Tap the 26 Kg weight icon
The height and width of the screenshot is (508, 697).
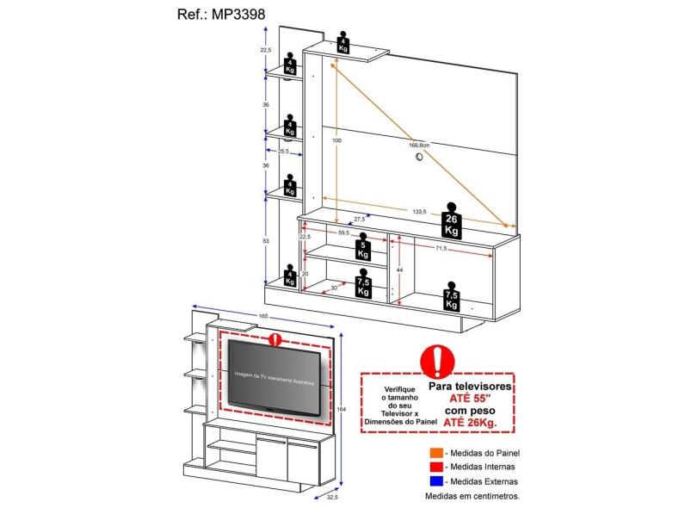click(x=450, y=221)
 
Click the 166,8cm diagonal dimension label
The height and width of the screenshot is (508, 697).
click(x=419, y=146)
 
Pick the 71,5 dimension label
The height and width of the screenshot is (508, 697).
click(x=440, y=249)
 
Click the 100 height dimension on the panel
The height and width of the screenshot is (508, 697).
click(x=337, y=140)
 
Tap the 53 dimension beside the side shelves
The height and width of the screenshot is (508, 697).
click(x=266, y=241)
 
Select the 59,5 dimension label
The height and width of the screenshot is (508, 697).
click(x=342, y=232)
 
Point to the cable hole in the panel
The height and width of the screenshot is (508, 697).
click(x=420, y=156)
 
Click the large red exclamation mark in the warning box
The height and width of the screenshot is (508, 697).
click(x=439, y=359)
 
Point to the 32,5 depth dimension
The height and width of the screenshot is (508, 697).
click(x=332, y=497)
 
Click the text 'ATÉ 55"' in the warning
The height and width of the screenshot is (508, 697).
click(x=478, y=400)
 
